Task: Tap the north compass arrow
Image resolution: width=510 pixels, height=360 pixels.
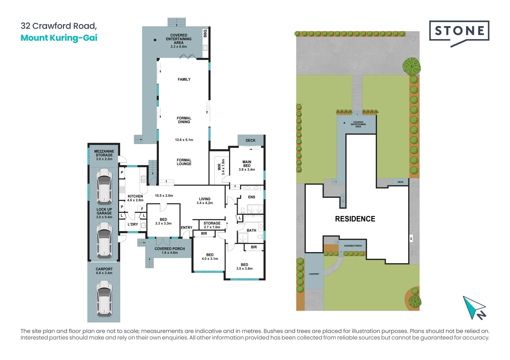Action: click(x=474, y=307)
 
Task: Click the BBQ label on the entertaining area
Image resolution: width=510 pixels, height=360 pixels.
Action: click(x=205, y=33)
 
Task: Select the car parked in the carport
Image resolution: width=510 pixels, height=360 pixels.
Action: click(x=104, y=298)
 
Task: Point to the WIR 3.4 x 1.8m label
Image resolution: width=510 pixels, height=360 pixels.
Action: click(x=221, y=167)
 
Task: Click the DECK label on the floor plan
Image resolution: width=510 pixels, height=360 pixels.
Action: click(x=250, y=141)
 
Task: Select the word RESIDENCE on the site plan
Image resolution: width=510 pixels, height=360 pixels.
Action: click(x=355, y=219)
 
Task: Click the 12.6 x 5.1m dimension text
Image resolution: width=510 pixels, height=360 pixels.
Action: click(x=184, y=140)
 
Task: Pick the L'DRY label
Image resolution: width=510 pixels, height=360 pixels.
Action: click(x=133, y=224)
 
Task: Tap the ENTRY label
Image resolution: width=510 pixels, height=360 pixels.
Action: click(x=187, y=227)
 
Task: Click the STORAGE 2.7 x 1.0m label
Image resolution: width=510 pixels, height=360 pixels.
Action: click(x=212, y=225)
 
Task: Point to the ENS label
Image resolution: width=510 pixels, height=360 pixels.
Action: click(x=252, y=197)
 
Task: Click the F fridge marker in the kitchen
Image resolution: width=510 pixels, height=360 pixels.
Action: click(x=142, y=209)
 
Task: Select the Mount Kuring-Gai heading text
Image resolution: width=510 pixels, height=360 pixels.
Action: click(x=59, y=38)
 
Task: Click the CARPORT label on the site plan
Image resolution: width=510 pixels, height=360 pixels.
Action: click(x=314, y=274)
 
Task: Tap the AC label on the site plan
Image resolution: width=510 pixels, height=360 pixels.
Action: click(x=411, y=239)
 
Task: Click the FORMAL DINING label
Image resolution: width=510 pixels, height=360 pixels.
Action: click(x=184, y=120)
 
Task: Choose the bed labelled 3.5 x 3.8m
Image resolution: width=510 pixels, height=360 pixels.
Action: click(x=244, y=267)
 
